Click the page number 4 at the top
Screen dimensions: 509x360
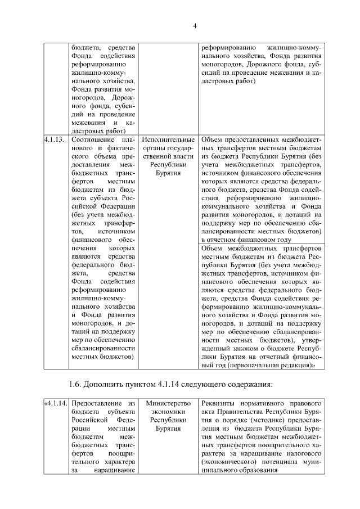(x=194, y=26)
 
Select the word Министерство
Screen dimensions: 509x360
(x=168, y=403)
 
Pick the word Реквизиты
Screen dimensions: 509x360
(x=220, y=403)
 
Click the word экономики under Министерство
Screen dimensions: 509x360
(x=168, y=412)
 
